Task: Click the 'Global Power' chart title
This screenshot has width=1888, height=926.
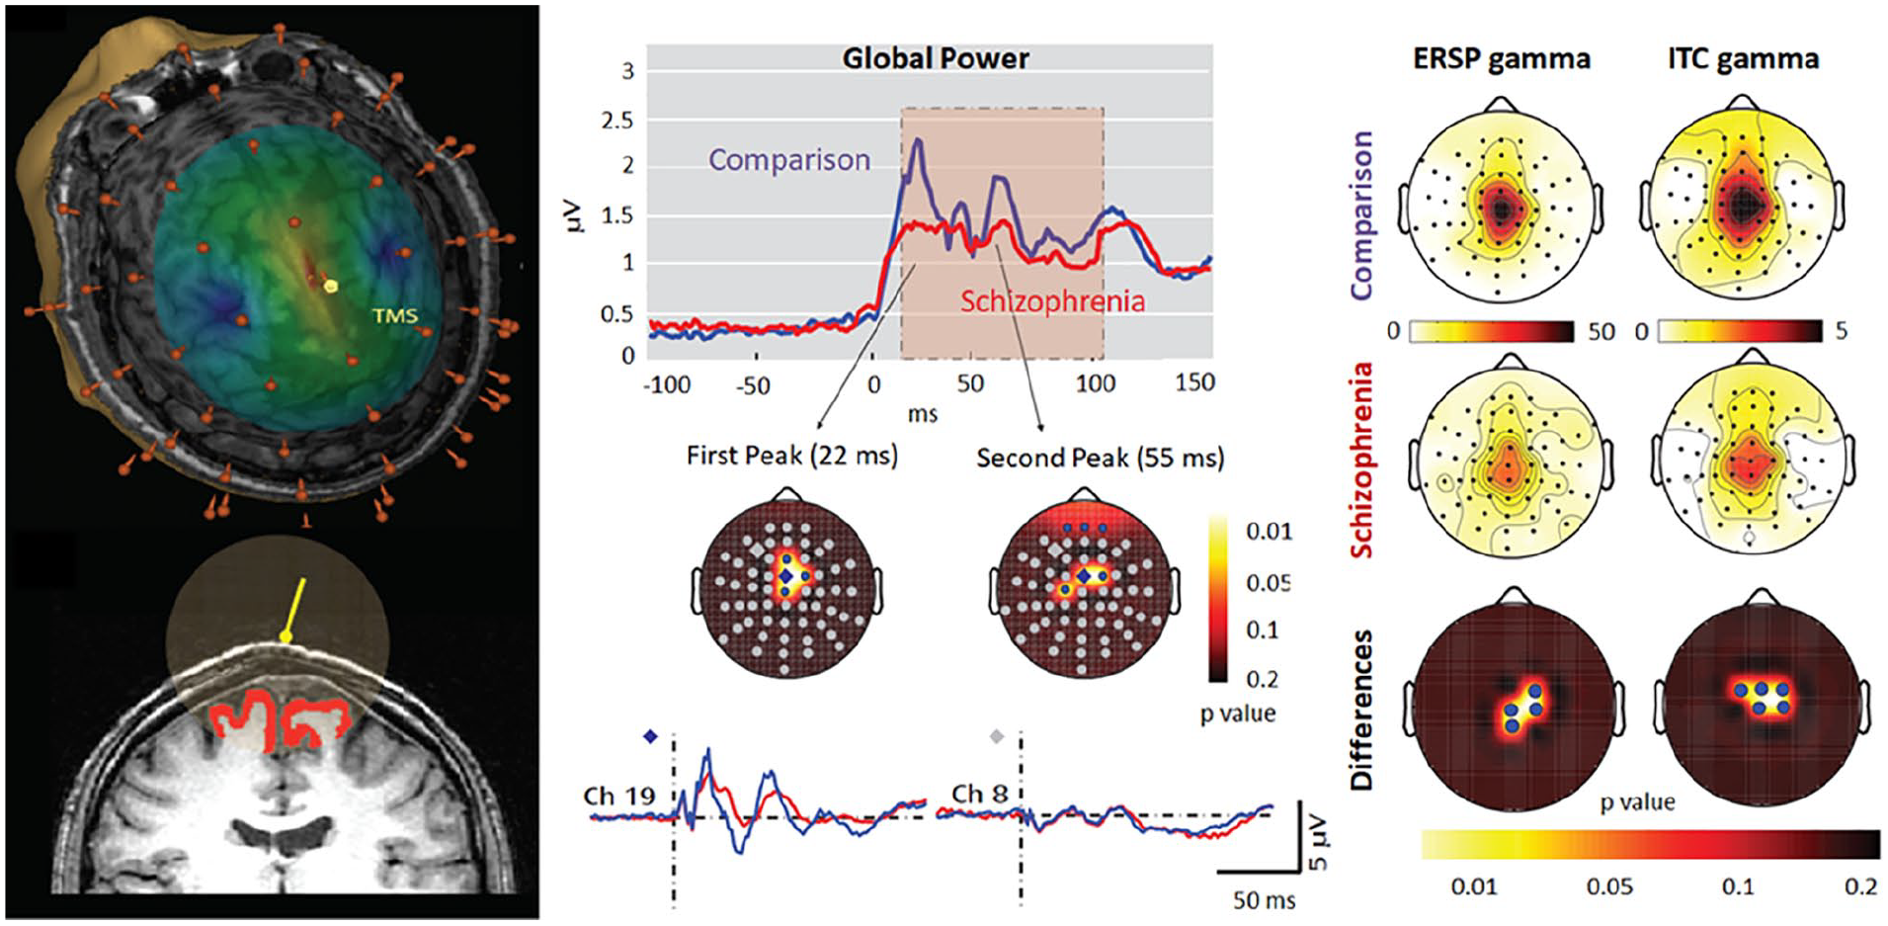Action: pos(935,58)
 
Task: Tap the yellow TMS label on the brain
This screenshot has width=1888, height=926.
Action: pos(394,316)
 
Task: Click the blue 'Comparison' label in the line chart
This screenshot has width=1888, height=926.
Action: pos(789,159)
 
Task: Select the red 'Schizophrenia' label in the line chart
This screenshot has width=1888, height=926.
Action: pos(1052,300)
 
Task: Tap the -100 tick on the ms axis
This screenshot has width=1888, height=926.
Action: pos(667,384)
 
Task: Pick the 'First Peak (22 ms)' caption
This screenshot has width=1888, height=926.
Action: pos(792,456)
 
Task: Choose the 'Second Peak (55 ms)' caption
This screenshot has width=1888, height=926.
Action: pos(1100,458)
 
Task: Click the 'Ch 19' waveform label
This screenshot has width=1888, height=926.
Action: pos(619,796)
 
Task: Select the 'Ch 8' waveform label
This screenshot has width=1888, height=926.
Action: pos(980,794)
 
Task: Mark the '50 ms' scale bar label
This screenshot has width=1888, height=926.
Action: pos(1264,900)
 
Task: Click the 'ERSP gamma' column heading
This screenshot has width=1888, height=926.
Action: pos(1501,59)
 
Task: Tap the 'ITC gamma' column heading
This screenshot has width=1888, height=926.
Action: pos(1743,59)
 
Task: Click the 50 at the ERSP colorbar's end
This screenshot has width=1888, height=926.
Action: pos(1601,331)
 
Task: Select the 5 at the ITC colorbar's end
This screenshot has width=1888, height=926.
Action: pos(1841,331)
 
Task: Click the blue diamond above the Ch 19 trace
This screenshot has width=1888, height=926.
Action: pos(650,736)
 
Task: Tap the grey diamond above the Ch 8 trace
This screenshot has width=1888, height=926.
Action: pos(997,736)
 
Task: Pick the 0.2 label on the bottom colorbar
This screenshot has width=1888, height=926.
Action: pos(1860,886)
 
